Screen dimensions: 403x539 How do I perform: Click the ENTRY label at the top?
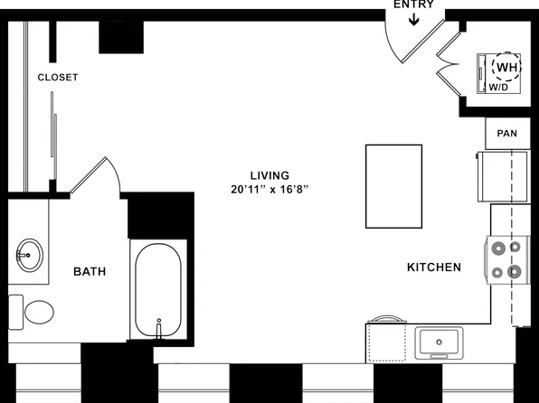(413, 5)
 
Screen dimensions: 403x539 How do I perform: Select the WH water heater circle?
(505, 66)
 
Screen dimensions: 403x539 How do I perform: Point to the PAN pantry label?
(506, 134)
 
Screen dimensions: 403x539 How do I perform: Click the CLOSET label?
(58, 78)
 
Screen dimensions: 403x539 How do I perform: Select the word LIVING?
(270, 174)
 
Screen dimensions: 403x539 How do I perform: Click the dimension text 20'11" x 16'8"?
(270, 190)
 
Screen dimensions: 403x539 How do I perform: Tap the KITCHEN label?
(434, 267)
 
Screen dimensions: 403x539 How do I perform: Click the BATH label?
(90, 271)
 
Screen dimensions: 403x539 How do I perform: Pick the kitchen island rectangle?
(393, 186)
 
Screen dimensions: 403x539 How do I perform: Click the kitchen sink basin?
(440, 342)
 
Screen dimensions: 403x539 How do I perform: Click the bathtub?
(158, 289)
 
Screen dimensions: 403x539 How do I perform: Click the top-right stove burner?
(516, 245)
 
